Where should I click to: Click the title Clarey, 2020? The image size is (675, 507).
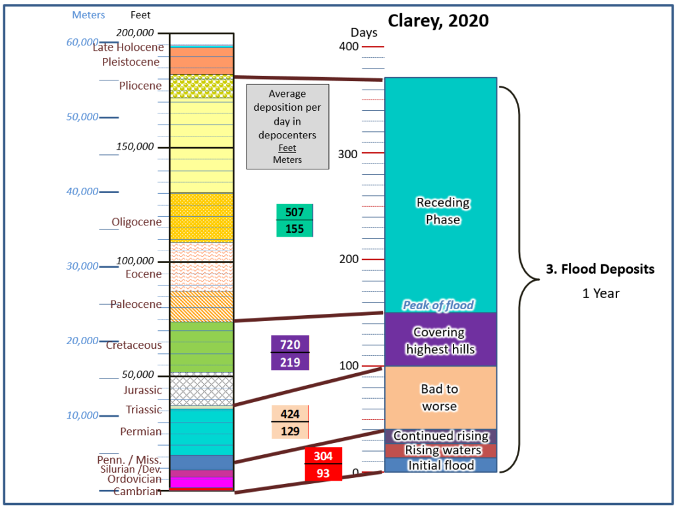point(438,20)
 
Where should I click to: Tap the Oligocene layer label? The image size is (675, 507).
point(136,222)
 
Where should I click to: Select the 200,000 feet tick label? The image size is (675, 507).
point(134,33)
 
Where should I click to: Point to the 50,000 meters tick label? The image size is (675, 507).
point(82,117)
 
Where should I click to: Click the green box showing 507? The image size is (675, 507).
point(295,212)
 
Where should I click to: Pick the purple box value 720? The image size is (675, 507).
point(290,344)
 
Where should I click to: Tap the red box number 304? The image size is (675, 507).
point(323,456)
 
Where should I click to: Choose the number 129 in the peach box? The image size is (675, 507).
point(290,431)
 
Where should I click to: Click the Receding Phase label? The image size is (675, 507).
point(443,211)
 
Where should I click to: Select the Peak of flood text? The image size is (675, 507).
point(438,305)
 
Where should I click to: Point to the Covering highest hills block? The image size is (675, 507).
point(440,340)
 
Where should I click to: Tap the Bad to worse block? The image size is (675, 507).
point(440,398)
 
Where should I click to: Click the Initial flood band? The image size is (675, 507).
point(440,465)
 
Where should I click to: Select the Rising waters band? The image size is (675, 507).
point(440,450)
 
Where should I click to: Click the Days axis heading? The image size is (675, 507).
point(364,33)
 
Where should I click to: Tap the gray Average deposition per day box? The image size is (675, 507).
point(287,127)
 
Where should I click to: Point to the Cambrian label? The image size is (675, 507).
point(137,491)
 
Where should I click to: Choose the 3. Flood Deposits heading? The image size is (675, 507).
point(600,269)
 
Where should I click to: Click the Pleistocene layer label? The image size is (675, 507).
point(131,62)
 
